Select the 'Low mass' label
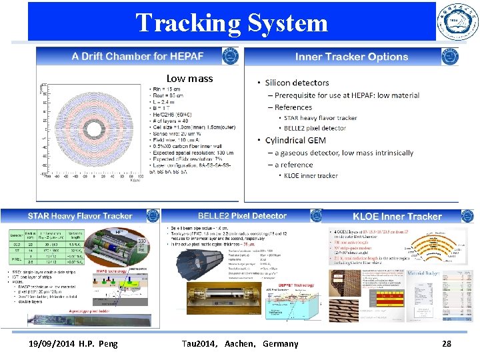[x=190, y=79]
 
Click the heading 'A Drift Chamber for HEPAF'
[x=138, y=57]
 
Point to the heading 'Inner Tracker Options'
[x=351, y=57]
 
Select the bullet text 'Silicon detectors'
[x=297, y=83]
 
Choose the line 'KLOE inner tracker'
[x=311, y=176]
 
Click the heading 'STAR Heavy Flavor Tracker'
[x=80, y=216]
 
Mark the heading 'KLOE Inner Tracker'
[x=397, y=217]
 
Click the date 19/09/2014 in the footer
[x=46, y=344]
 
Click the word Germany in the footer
[x=280, y=344]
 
